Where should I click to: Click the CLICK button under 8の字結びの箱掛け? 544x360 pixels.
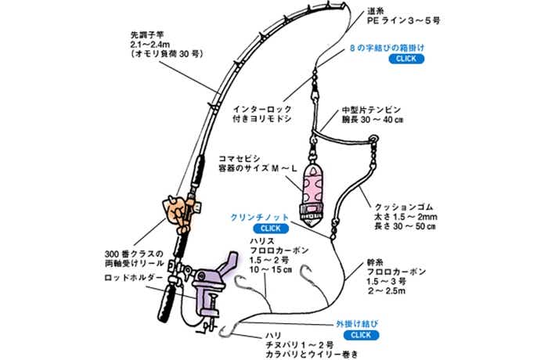point(409,59)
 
